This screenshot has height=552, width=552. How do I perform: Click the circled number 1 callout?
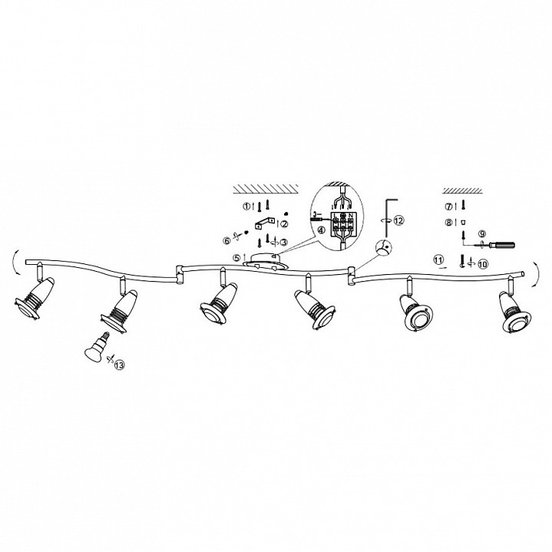[x=246, y=207]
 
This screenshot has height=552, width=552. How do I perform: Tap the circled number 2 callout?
[x=284, y=224]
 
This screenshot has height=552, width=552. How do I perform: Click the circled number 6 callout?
[x=227, y=240]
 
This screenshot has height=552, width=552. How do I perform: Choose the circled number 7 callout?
[x=448, y=207]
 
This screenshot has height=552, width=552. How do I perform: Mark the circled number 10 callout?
[x=483, y=263]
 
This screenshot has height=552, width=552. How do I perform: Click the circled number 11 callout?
[x=438, y=260]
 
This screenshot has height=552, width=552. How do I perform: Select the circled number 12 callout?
[x=398, y=220]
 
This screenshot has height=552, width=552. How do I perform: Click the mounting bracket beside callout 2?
[x=264, y=223]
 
